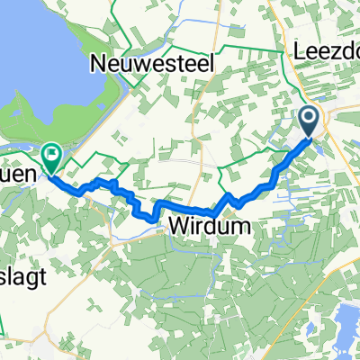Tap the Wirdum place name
click(x=204, y=227)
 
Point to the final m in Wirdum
click(x=232, y=227)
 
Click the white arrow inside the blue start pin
click(x=308, y=116)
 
